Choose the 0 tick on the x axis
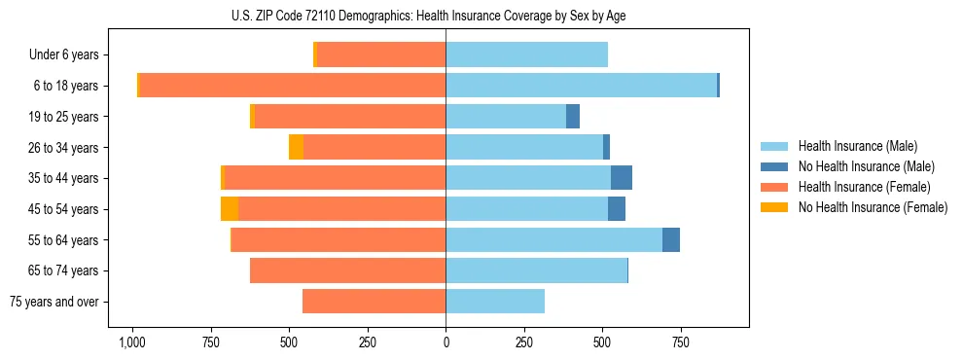(x=446, y=342)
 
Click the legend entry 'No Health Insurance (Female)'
(x=873, y=207)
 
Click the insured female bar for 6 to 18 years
(x=292, y=86)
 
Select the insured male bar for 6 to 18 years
(x=581, y=86)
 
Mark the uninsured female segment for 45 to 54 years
(x=230, y=209)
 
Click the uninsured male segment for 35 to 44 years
(x=622, y=178)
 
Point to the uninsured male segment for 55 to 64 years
(x=671, y=240)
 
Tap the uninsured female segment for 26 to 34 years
(x=296, y=148)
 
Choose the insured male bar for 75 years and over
(x=495, y=302)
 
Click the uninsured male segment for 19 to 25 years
(x=573, y=117)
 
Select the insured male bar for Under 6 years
(x=526, y=55)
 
